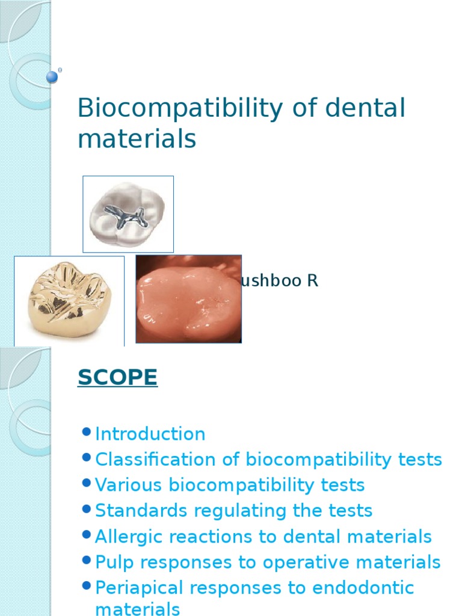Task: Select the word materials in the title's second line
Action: pyautogui.click(x=137, y=139)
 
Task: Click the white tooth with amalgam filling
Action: pyautogui.click(x=128, y=214)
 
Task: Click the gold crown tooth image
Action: pyautogui.click(x=69, y=300)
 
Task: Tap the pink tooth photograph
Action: pyautogui.click(x=188, y=299)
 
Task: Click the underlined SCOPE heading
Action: pyautogui.click(x=117, y=378)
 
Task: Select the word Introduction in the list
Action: pyautogui.click(x=150, y=434)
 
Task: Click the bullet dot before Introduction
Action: pyautogui.click(x=85, y=432)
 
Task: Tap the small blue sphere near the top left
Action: pyautogui.click(x=52, y=76)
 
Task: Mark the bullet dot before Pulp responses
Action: pyautogui.click(x=85, y=561)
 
